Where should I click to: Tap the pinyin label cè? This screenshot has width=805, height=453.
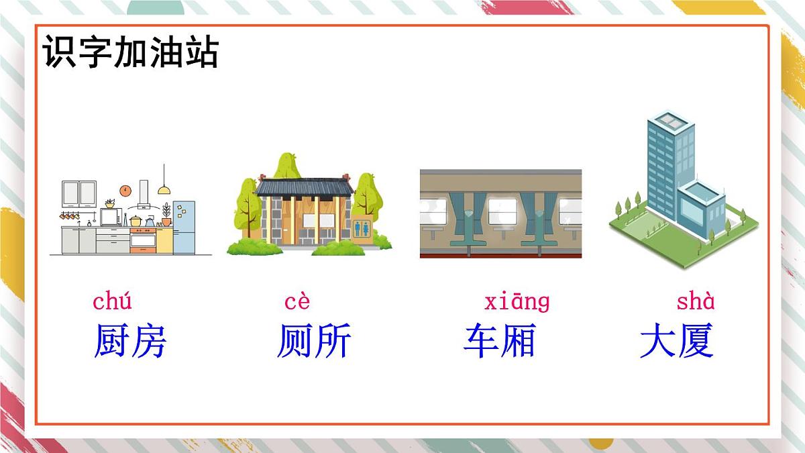297,303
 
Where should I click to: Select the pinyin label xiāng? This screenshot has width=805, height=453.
517,302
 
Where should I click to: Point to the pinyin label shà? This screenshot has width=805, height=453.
696,302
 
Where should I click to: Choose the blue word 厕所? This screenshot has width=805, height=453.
313,341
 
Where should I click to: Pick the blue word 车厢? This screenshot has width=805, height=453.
499,341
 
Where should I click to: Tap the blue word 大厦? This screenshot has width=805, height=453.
676,341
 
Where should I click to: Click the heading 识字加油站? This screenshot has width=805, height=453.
131,52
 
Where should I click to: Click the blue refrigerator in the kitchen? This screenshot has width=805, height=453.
184,227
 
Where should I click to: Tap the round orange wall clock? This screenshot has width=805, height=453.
125,190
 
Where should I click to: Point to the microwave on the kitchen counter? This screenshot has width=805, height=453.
111,217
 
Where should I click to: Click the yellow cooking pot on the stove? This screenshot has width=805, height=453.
136,221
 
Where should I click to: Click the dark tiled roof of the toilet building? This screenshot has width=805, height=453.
304,186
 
